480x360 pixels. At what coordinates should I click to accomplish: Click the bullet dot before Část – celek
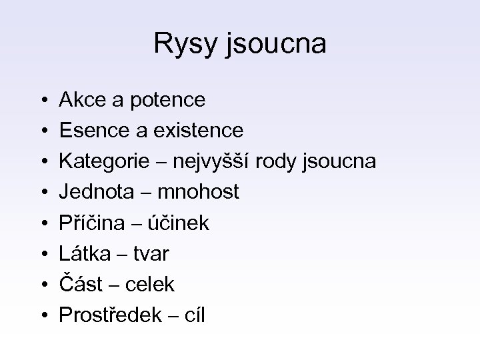click(43, 285)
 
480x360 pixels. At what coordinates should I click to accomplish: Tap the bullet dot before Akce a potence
click(43, 101)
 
